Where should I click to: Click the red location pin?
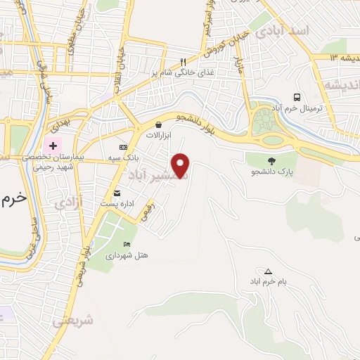pos(181,165)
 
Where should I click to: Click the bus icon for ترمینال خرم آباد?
pos(297,98)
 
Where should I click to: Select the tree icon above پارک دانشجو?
pos(271,160)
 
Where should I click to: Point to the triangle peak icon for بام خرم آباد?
pos(268,271)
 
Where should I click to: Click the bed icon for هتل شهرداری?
pos(127,244)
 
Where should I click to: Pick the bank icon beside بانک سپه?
pos(124,147)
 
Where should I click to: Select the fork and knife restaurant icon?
pos(184,60)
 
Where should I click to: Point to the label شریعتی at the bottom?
pos(72,321)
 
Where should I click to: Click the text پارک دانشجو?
pos(271,172)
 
